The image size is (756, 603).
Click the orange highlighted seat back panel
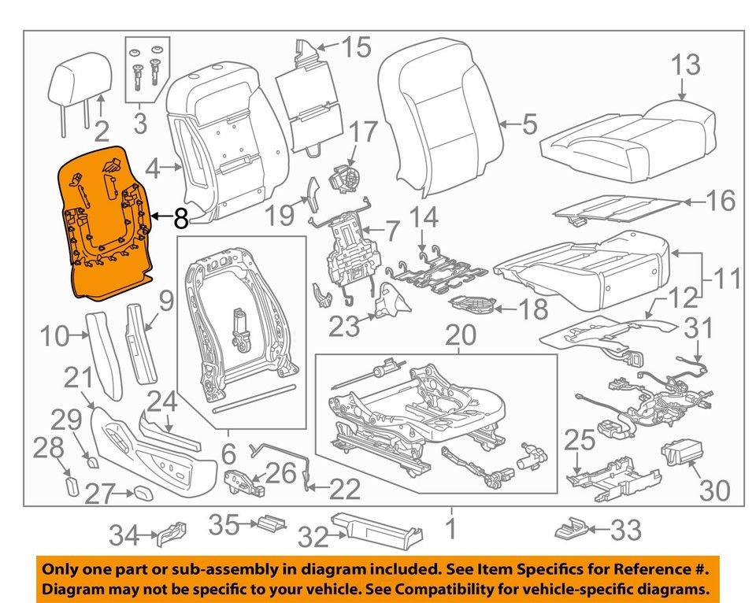[x=106, y=224]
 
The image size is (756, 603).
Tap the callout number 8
[x=180, y=219]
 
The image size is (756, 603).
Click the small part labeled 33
[x=573, y=529]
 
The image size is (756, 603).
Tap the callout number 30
[x=715, y=490]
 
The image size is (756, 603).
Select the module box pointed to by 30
[x=679, y=455]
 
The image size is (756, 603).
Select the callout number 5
[x=529, y=124]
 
